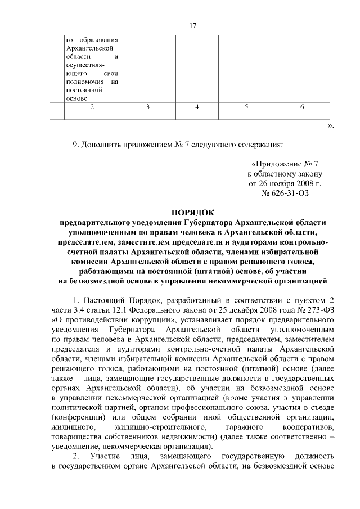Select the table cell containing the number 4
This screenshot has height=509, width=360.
[197, 107]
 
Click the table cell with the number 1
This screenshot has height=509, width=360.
[56, 107]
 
